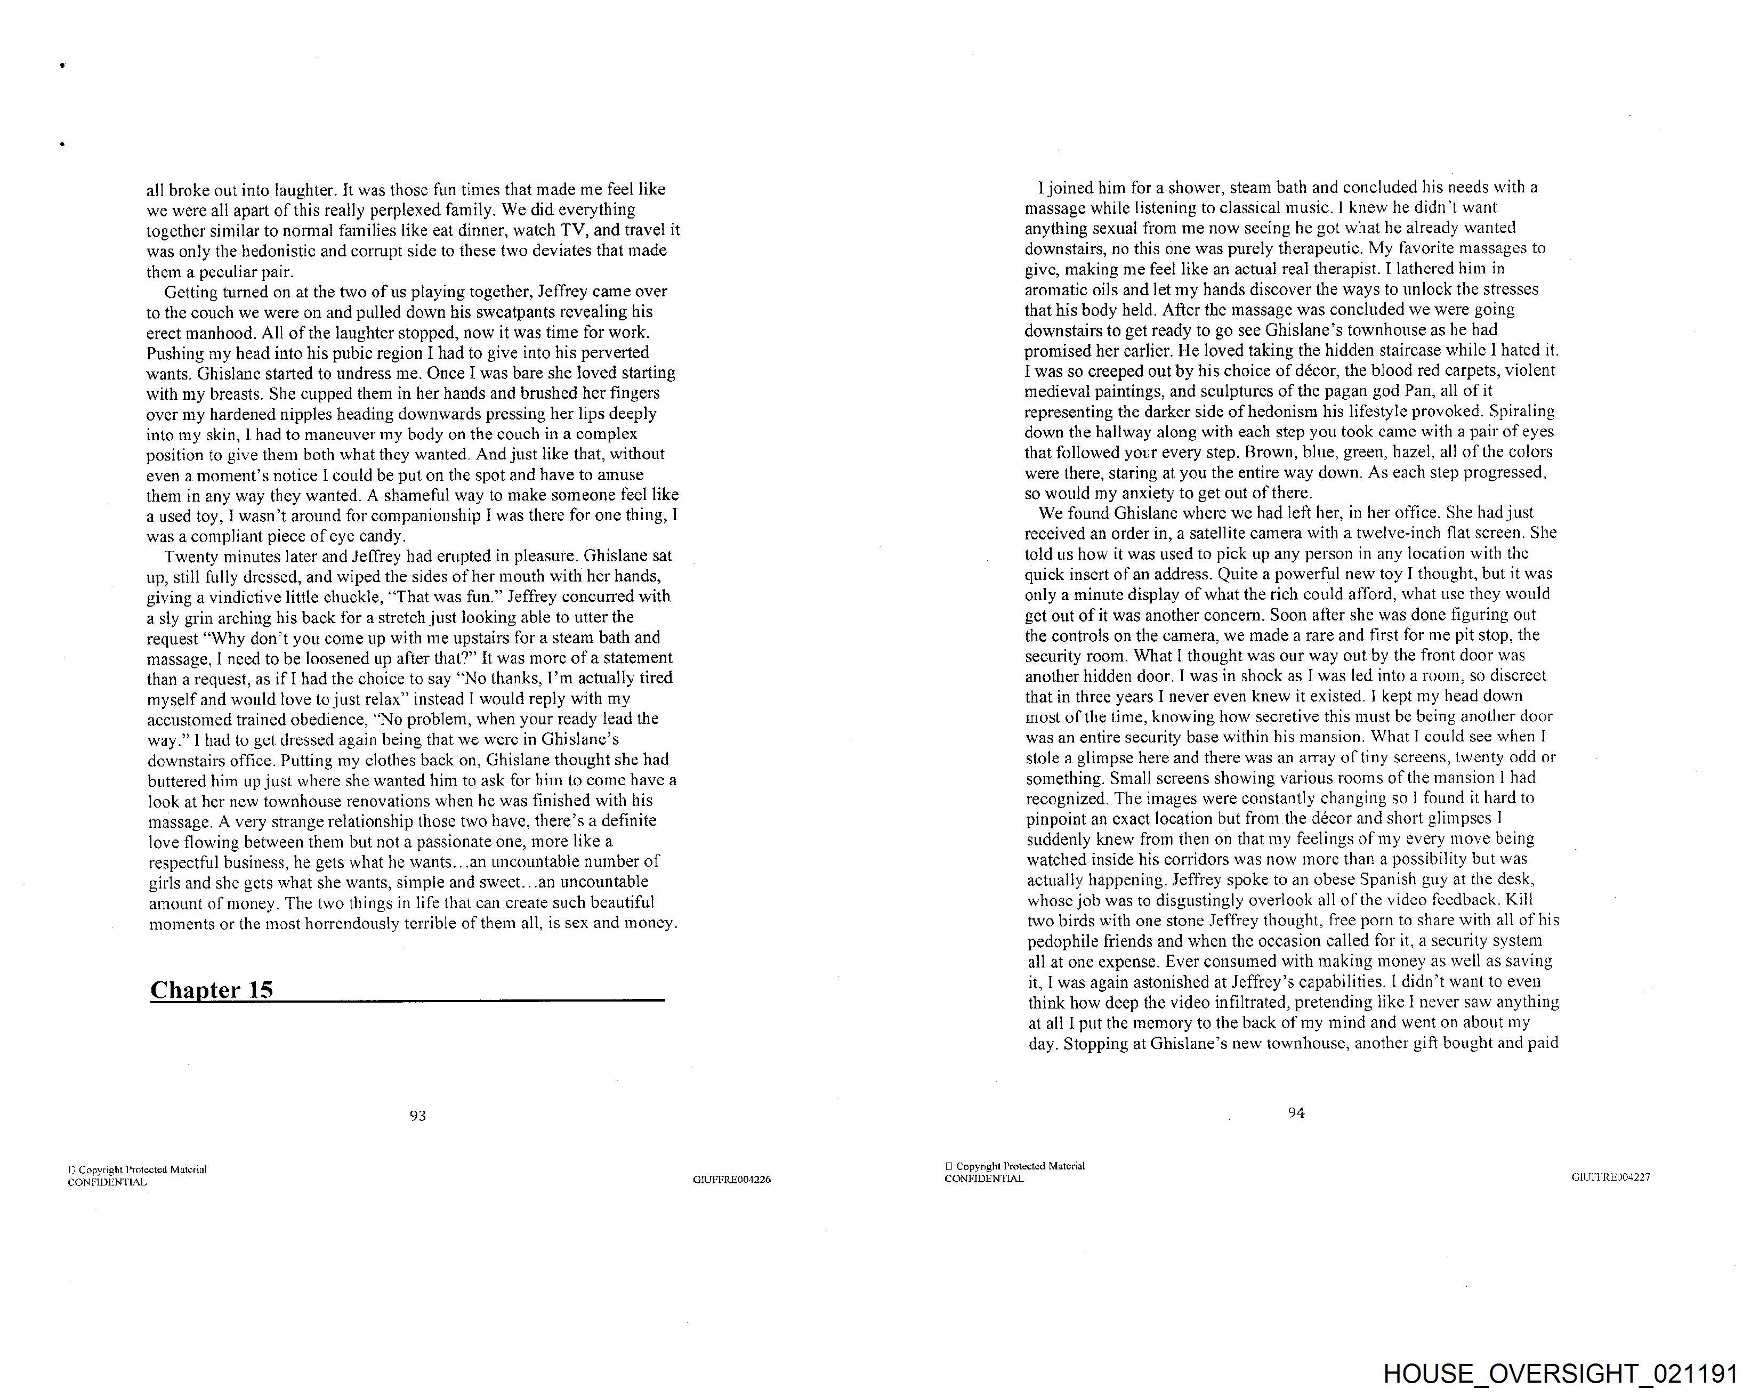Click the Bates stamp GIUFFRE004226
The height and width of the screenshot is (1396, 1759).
[x=732, y=1180]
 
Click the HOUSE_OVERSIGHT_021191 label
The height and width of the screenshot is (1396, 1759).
[x=1560, y=1374]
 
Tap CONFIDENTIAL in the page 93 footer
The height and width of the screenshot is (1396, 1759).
[x=107, y=1182]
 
